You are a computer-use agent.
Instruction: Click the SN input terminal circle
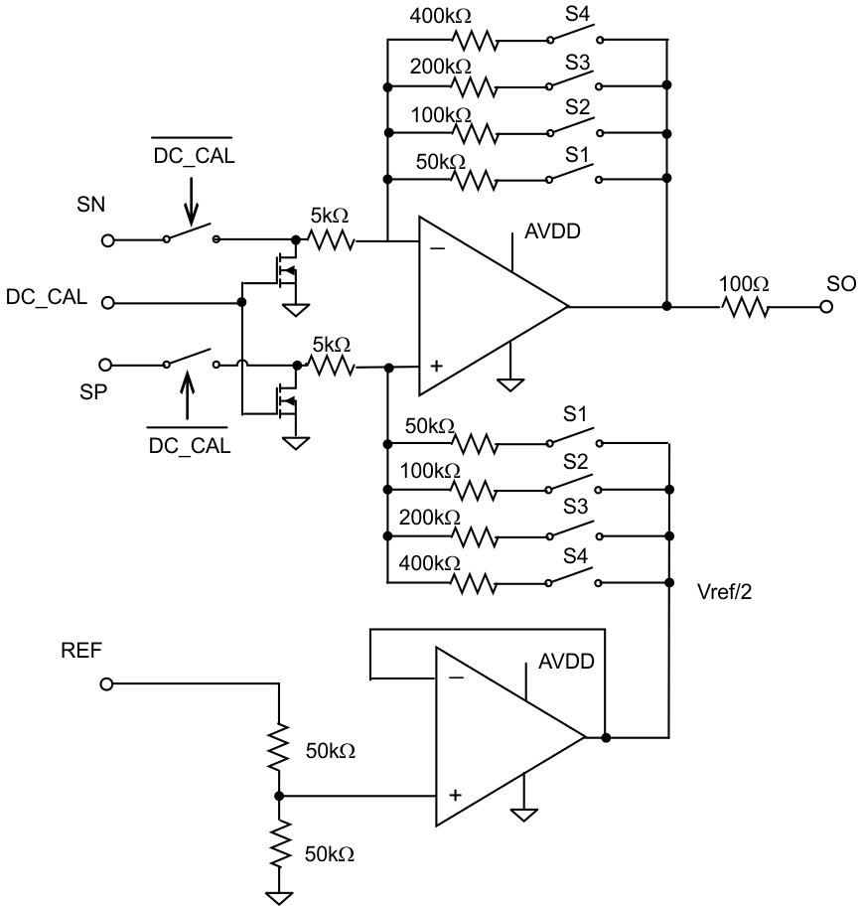(x=108, y=240)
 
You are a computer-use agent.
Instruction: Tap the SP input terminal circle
(x=108, y=364)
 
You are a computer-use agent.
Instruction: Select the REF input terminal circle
(x=107, y=683)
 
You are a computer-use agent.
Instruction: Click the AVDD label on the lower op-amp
(x=566, y=662)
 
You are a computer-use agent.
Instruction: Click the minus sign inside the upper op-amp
(x=438, y=249)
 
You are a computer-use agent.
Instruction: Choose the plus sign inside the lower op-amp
(x=455, y=796)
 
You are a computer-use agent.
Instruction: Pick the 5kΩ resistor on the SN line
(x=328, y=240)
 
